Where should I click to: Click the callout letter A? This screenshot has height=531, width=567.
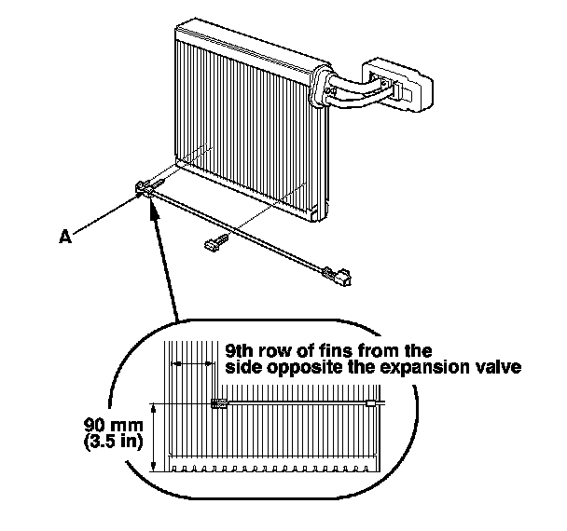pos(64,238)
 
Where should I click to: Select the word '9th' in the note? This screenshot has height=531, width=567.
pos(241,350)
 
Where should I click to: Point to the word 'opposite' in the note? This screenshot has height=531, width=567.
pos(295,367)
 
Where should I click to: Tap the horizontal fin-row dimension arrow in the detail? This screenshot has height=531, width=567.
pos(191,362)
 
